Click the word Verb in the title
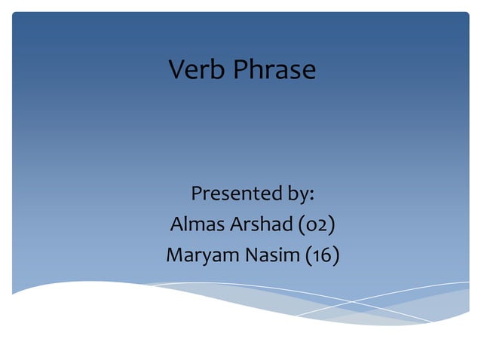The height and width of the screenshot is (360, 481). pos(197,70)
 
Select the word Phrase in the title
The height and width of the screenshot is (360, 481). pos(274,70)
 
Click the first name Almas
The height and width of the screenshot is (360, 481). pos(196,224)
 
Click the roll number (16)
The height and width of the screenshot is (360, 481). pos(322,255)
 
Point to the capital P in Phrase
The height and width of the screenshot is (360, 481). pos(241,70)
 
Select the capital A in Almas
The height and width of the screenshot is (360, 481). pos(177,224)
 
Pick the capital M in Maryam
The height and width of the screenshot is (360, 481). pos(174,255)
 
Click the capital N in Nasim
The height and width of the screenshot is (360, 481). pos(253,255)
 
